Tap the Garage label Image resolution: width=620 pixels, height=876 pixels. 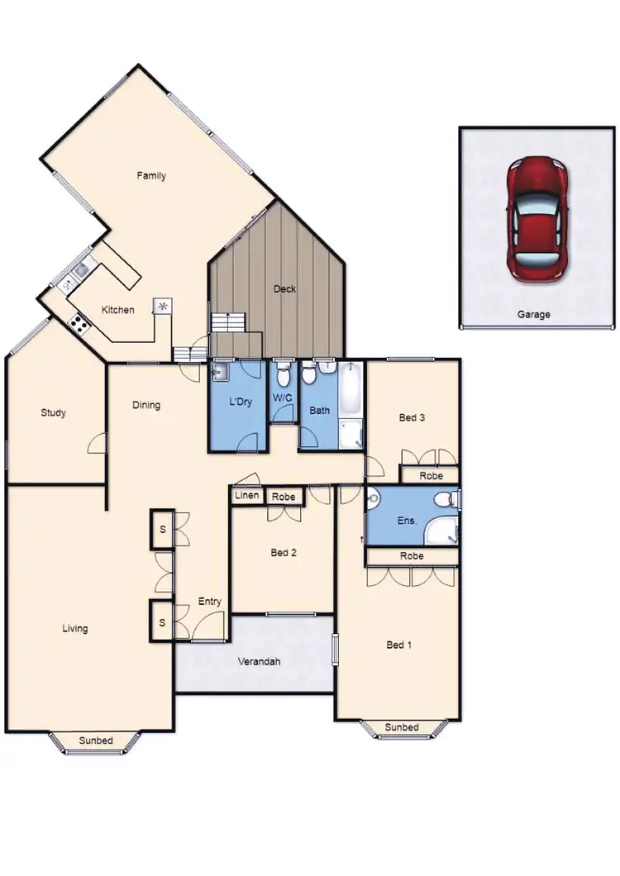(x=533, y=315)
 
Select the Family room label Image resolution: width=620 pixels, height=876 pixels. (x=151, y=175)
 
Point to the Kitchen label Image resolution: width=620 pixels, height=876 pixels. (x=117, y=310)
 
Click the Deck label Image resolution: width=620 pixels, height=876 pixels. (x=284, y=289)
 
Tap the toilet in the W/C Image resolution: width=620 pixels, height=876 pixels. (x=283, y=378)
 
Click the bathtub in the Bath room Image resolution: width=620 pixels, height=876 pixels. (x=351, y=393)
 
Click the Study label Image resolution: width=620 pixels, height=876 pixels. (x=53, y=413)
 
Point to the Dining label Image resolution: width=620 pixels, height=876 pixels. (x=146, y=405)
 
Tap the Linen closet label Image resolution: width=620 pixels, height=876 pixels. (x=246, y=496)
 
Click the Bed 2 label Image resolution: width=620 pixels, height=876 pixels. (x=284, y=553)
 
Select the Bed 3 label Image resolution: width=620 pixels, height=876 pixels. (x=412, y=417)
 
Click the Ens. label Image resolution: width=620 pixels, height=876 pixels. (x=406, y=521)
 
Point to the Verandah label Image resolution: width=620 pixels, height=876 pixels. (x=258, y=661)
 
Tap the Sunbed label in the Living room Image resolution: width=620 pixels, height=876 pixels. (x=96, y=740)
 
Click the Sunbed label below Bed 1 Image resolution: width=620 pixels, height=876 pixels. (x=402, y=727)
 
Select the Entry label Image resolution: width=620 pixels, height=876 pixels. (x=209, y=602)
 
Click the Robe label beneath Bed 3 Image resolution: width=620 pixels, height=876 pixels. (x=431, y=476)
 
